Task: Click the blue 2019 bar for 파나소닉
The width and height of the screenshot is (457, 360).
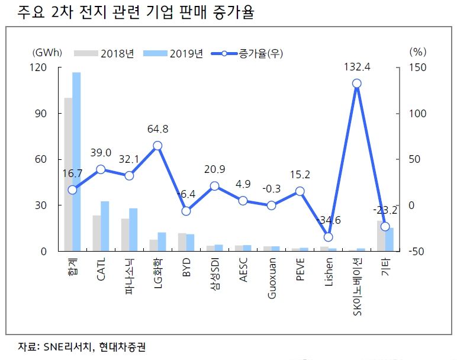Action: tap(133, 229)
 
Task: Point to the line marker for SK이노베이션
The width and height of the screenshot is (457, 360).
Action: tap(356, 83)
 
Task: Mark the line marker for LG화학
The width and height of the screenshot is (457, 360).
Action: tap(157, 146)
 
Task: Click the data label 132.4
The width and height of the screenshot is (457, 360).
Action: tap(356, 67)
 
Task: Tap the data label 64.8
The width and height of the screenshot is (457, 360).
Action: tap(157, 128)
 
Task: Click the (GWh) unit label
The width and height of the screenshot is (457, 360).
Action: tap(47, 52)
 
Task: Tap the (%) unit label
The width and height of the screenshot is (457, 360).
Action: tap(417, 52)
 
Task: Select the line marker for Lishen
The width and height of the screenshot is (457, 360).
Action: tap(328, 237)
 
